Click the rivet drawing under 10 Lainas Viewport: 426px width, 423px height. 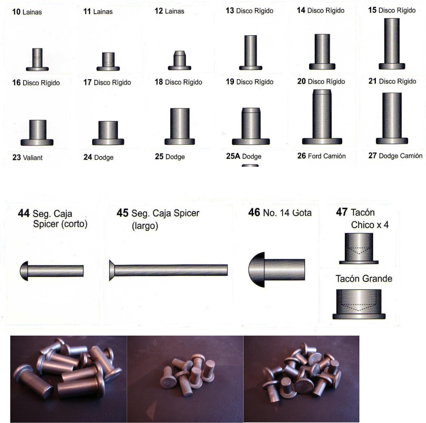pos(37,60)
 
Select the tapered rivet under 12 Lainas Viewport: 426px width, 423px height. pos(179,60)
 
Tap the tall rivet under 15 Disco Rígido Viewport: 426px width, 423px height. pos(392,44)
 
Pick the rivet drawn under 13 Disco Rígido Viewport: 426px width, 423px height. pos(250,53)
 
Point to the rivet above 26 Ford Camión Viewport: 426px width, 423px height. pos(322,117)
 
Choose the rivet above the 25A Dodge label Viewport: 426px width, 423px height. pos(251,126)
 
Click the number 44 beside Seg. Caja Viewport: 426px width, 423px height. pos(24,213)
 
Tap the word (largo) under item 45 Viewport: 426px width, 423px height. pos(145,226)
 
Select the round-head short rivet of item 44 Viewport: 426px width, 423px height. pos(52,271)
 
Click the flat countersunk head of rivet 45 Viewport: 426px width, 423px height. pos(112,270)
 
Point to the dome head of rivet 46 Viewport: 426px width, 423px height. pos(257,270)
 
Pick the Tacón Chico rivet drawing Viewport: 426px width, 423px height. pos(359,249)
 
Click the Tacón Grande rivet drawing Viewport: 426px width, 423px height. pos(359,304)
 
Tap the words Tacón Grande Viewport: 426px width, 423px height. pos(364,279)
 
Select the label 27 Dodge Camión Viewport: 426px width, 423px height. pos(395,156)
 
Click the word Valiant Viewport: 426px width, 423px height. pos(33,158)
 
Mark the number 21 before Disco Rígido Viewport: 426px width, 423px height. pos(372,81)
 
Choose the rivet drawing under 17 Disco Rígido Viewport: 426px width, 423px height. pos(108,133)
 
